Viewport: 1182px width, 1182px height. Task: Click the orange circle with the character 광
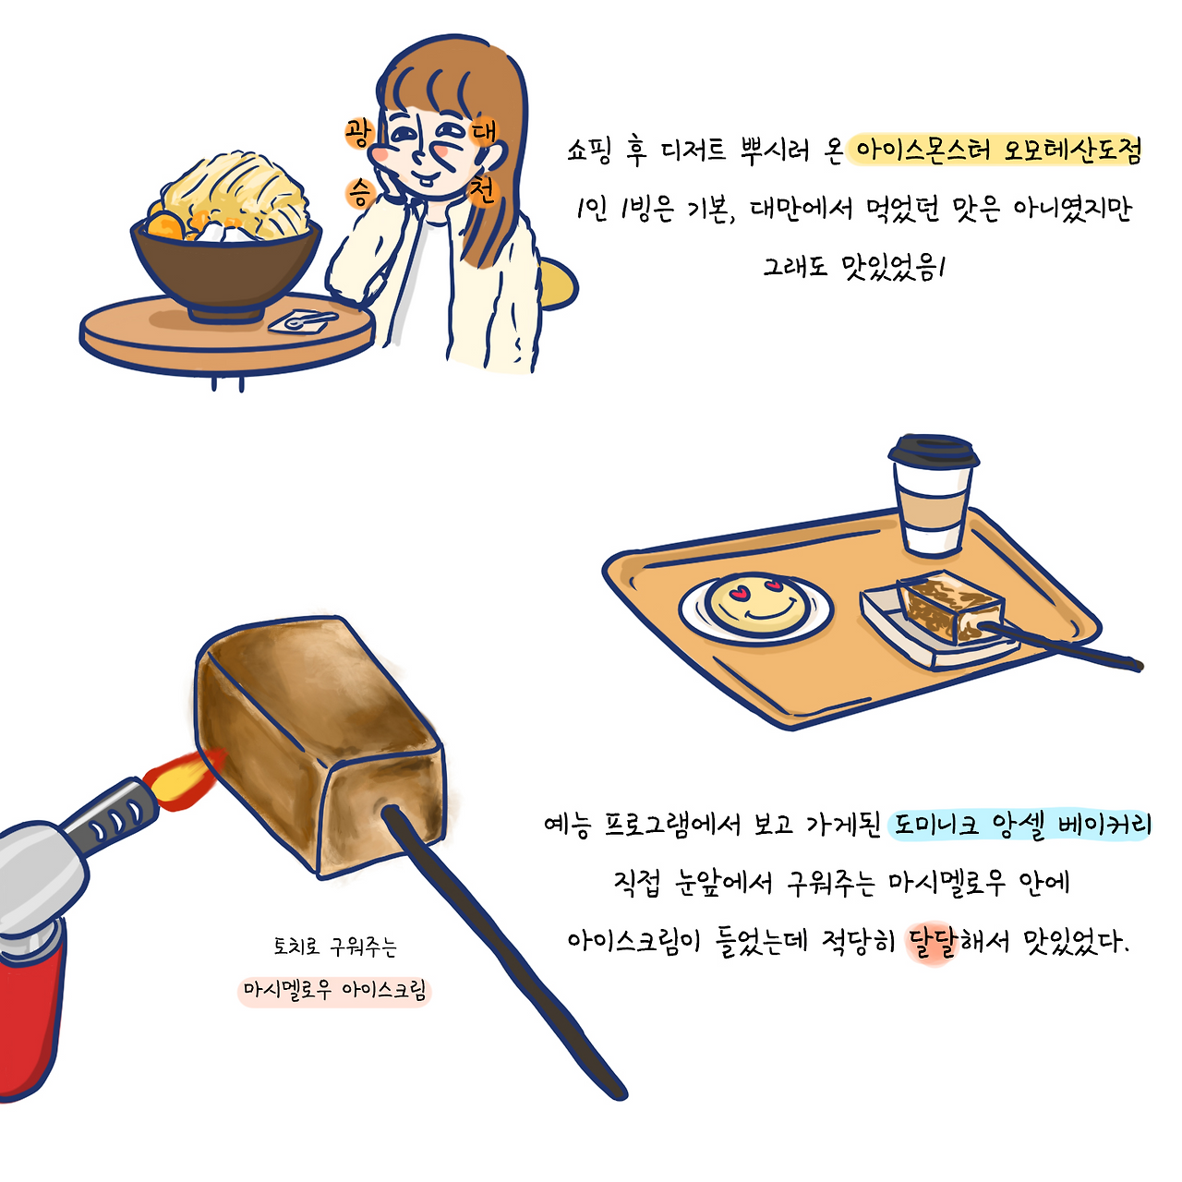(358, 133)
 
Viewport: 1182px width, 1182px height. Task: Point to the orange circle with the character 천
(482, 191)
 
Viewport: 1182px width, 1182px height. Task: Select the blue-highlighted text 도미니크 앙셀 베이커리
(1021, 824)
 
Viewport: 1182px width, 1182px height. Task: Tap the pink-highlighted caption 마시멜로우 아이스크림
(335, 991)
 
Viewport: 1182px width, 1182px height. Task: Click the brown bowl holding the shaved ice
(226, 268)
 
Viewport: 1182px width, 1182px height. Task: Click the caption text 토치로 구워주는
(334, 947)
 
